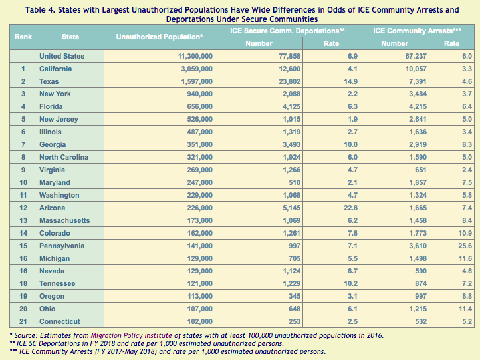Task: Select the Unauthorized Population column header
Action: (x=160, y=37)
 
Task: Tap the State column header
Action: (x=70, y=37)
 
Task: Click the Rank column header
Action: (x=24, y=37)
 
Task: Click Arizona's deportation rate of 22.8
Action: (x=332, y=208)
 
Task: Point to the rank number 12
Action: (x=23, y=208)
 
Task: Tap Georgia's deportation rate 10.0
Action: (x=332, y=144)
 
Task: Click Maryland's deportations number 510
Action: (x=293, y=182)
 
